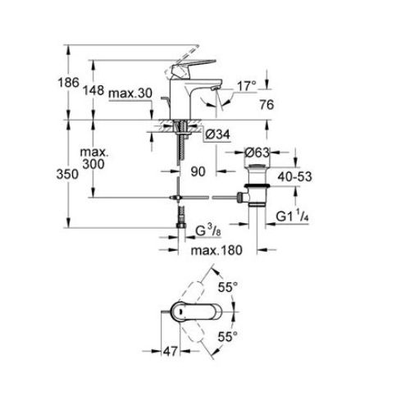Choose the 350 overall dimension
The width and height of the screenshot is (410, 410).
click(74, 174)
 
